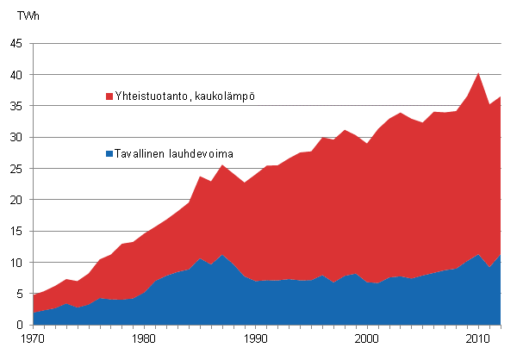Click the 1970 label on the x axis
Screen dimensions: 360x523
[x=34, y=339]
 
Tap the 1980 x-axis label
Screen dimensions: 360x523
[x=145, y=339]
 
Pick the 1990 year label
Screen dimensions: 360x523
[x=256, y=339]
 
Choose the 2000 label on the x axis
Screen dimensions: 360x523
[x=367, y=339]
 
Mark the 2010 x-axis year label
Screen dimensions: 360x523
[x=478, y=339]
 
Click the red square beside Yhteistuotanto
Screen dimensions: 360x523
[x=109, y=96]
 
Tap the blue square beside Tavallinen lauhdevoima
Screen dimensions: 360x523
[x=109, y=153]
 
